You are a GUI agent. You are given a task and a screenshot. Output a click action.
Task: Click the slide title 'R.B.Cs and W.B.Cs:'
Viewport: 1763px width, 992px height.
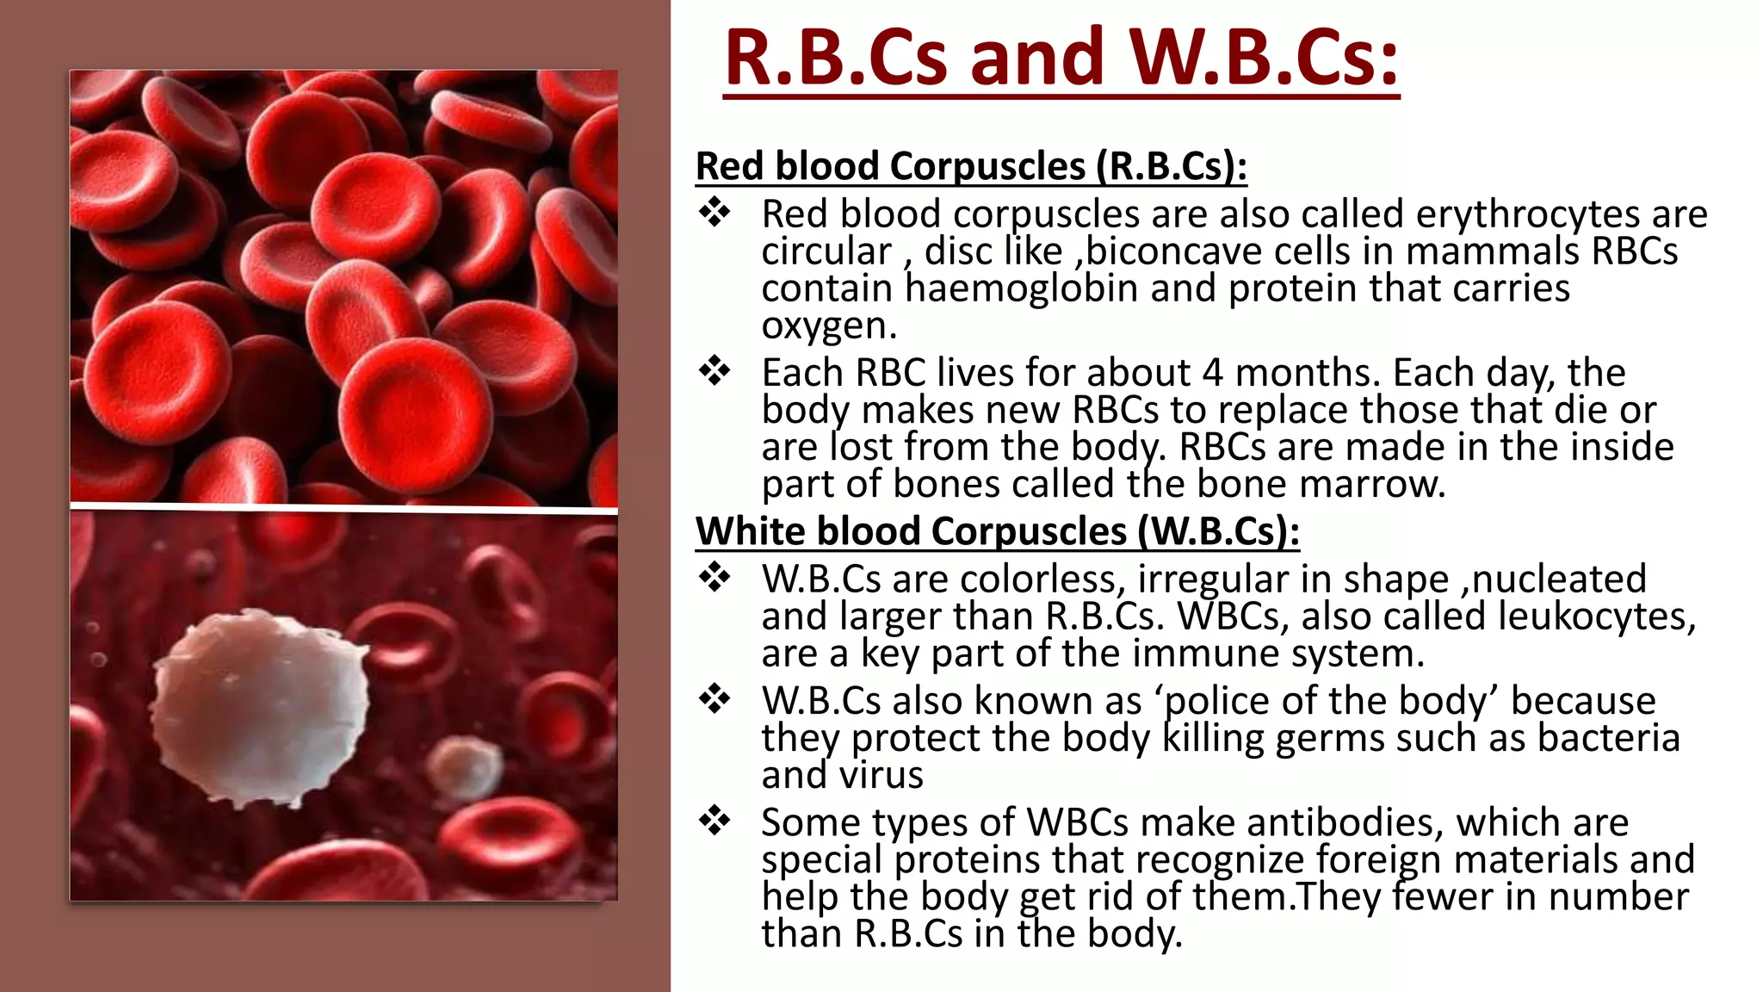pyautogui.click(x=1061, y=59)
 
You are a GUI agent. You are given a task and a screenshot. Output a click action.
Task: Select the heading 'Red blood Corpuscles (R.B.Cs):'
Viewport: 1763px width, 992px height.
pyautogui.click(x=971, y=166)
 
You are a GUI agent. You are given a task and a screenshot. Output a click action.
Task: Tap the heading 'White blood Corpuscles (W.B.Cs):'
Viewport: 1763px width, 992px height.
pyautogui.click(x=997, y=531)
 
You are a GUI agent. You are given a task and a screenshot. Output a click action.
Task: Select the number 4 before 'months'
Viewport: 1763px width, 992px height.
pyautogui.click(x=1213, y=373)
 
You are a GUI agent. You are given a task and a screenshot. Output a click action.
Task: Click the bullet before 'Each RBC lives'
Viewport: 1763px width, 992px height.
pyautogui.click(x=714, y=372)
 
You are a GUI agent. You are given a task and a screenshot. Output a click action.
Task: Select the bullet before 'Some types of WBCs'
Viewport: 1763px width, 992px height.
pyautogui.click(x=714, y=821)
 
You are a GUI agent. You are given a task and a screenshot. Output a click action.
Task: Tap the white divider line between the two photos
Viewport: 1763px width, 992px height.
pyautogui.click(x=343, y=508)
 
